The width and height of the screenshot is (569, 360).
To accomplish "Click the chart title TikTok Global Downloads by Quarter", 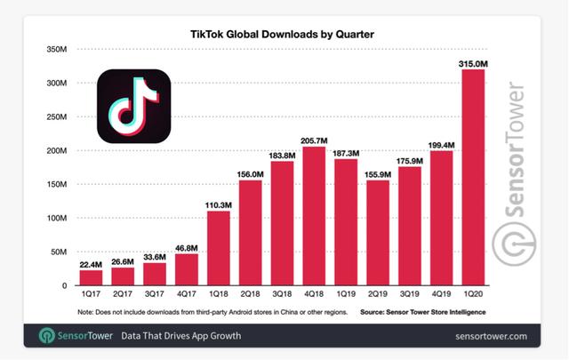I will pyautogui.click(x=282, y=35).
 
